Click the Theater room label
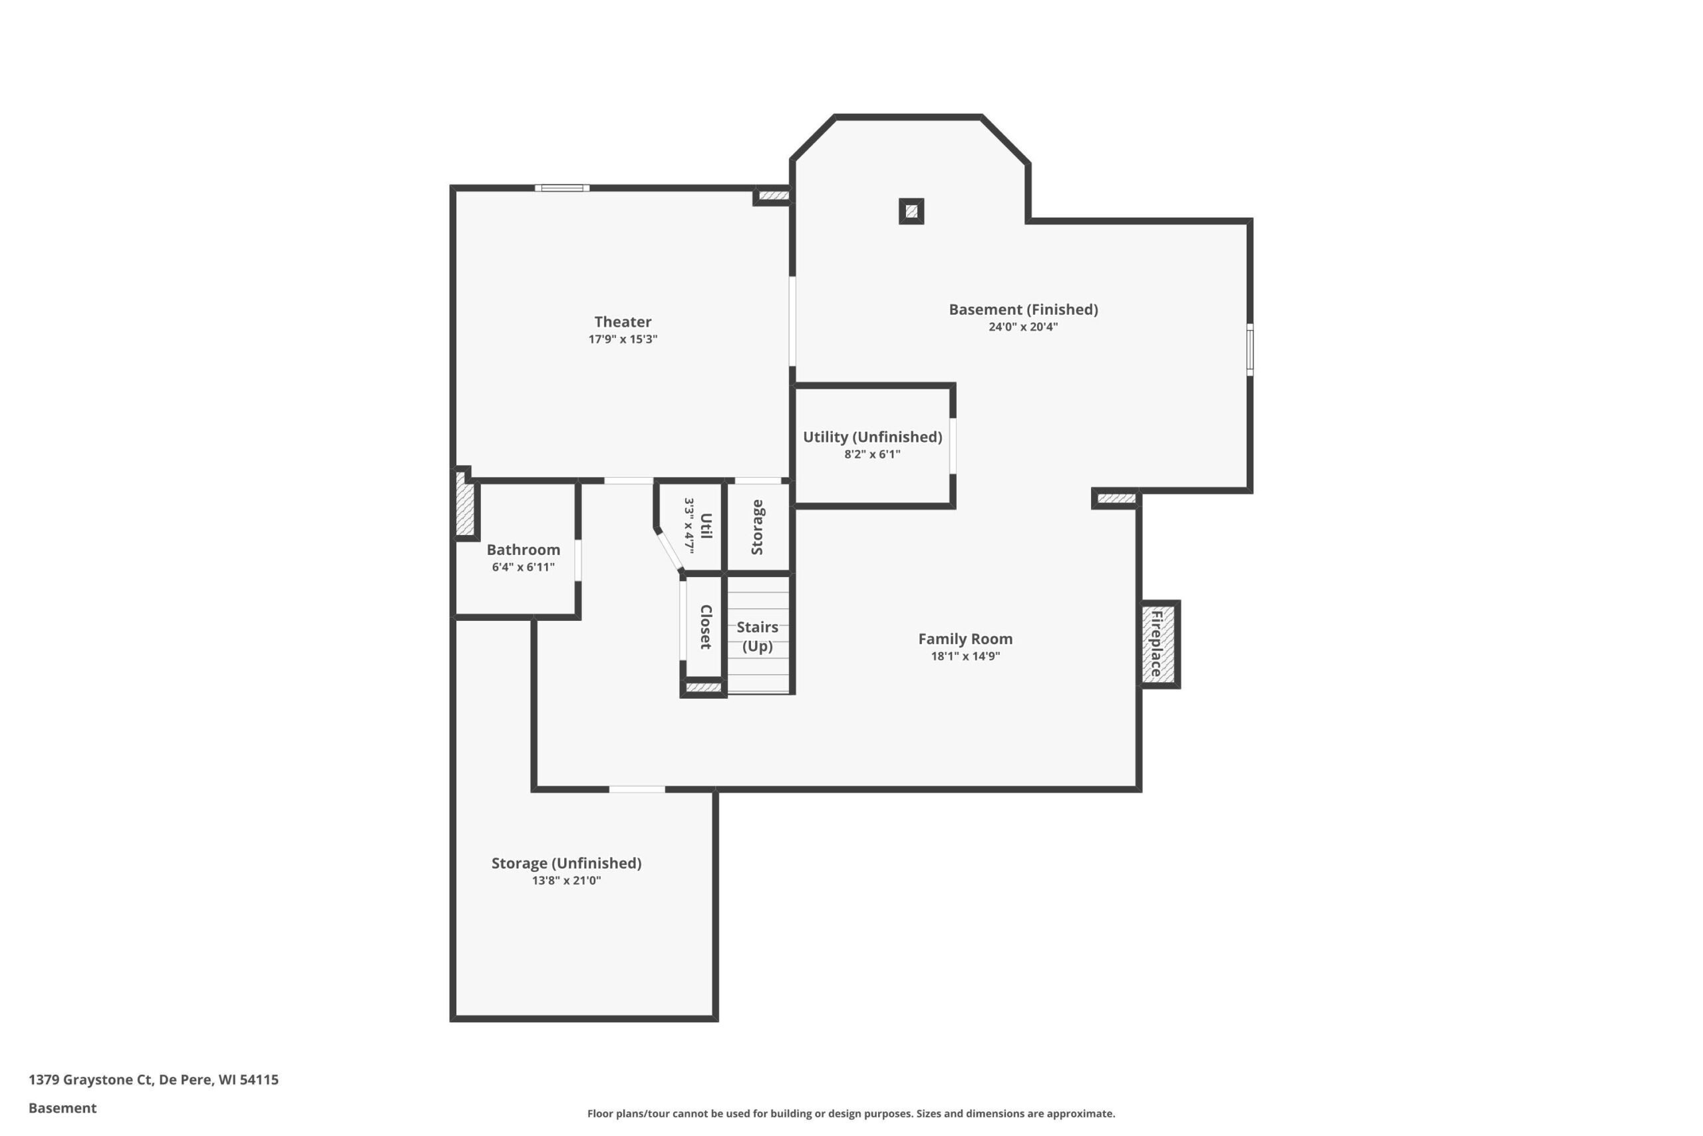(623, 321)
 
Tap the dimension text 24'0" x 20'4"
(1023, 327)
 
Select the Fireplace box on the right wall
(1160, 644)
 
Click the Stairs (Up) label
(758, 636)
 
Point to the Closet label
(706, 627)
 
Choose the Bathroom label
(524, 550)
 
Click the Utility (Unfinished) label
(873, 437)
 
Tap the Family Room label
(965, 639)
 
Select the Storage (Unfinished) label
(566, 863)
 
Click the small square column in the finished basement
(911, 212)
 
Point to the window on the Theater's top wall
(562, 188)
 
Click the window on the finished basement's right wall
(1250, 350)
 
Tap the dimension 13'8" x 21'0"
(566, 881)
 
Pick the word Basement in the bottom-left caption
(63, 1108)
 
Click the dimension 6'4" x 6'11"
(524, 567)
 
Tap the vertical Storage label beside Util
(758, 528)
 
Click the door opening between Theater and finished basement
(792, 321)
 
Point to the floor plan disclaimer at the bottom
(851, 1113)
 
